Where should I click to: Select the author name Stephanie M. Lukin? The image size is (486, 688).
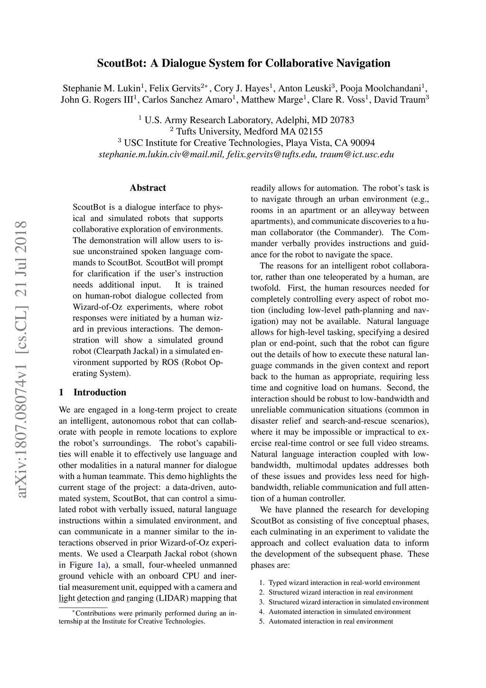(x=102, y=88)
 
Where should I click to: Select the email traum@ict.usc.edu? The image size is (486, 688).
(x=357, y=154)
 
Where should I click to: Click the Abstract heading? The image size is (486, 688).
(x=148, y=188)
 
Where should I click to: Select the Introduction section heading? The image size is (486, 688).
(x=100, y=392)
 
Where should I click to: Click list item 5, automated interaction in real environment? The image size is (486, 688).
(x=330, y=621)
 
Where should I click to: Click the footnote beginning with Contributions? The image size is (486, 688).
(x=147, y=617)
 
